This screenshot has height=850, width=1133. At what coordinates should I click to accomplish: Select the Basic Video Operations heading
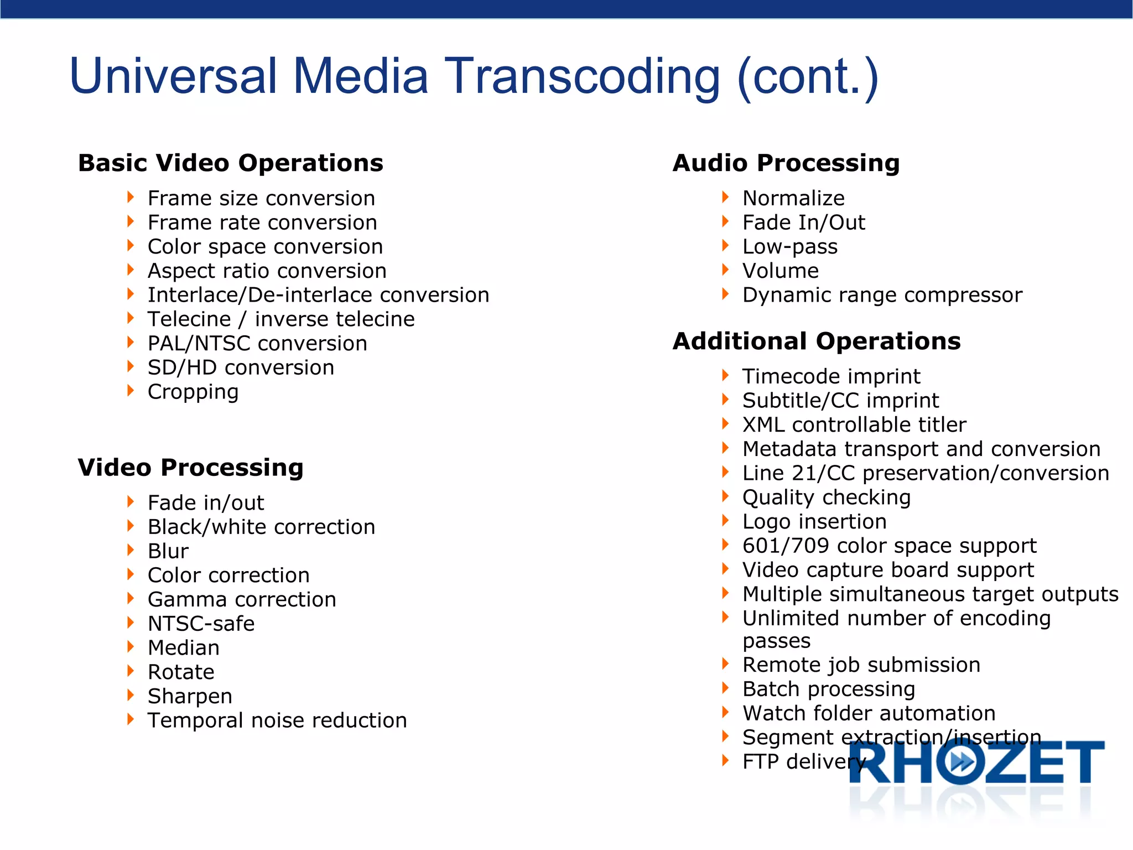(x=231, y=163)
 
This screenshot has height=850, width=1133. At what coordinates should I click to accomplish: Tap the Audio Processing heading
(x=786, y=163)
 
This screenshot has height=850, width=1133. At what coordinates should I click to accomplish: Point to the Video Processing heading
(x=190, y=468)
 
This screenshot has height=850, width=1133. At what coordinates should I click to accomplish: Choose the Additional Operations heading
(x=817, y=341)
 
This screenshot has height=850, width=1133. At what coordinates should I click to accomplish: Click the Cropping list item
(x=193, y=392)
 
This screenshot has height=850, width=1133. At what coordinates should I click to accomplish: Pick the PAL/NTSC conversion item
(x=257, y=344)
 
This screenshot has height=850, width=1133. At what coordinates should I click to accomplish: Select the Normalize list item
(x=793, y=198)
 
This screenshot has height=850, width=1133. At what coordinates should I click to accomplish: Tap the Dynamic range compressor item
(x=882, y=296)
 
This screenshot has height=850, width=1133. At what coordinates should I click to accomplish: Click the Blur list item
(x=168, y=551)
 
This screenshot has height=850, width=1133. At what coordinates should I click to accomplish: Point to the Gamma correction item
(x=242, y=600)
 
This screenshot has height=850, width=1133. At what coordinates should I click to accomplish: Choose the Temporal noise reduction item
(x=277, y=721)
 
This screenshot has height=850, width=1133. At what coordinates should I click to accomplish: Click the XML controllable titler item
(x=854, y=425)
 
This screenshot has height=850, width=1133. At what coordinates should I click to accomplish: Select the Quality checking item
(x=827, y=497)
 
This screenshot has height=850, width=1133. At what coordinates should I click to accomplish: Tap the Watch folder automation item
(x=869, y=713)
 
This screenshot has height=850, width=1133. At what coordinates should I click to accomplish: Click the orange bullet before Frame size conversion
(x=131, y=197)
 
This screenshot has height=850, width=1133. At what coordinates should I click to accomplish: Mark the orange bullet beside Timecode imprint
(x=725, y=375)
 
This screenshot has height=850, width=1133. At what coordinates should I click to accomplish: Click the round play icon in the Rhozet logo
(x=963, y=763)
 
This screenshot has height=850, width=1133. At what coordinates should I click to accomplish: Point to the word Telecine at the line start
(x=189, y=319)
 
